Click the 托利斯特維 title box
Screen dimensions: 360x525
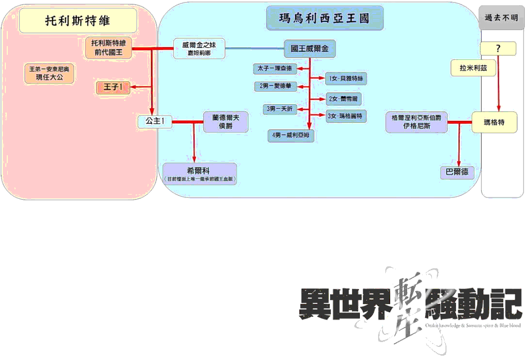pyautogui.click(x=78, y=20)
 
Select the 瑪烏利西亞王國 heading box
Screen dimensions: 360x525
pyautogui.click(x=324, y=19)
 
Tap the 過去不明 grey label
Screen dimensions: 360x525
pyautogui.click(x=501, y=18)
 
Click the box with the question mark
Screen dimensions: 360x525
pyautogui.click(x=498, y=48)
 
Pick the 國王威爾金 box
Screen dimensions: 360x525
pyautogui.click(x=309, y=49)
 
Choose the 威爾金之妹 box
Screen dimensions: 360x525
pyautogui.click(x=199, y=49)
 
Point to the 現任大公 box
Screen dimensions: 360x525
pyautogui.click(x=49, y=74)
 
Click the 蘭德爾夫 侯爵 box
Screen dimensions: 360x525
pyautogui.click(x=226, y=121)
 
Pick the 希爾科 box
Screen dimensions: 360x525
pyautogui.click(x=199, y=174)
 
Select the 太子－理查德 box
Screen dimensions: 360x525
pyautogui.click(x=275, y=68)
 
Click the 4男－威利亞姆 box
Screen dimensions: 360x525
pyautogui.click(x=291, y=136)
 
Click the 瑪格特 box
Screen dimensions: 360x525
pyautogui.click(x=494, y=122)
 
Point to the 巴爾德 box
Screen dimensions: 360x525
pyautogui.click(x=457, y=172)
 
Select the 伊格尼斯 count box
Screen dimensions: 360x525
pyautogui.click(x=416, y=122)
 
